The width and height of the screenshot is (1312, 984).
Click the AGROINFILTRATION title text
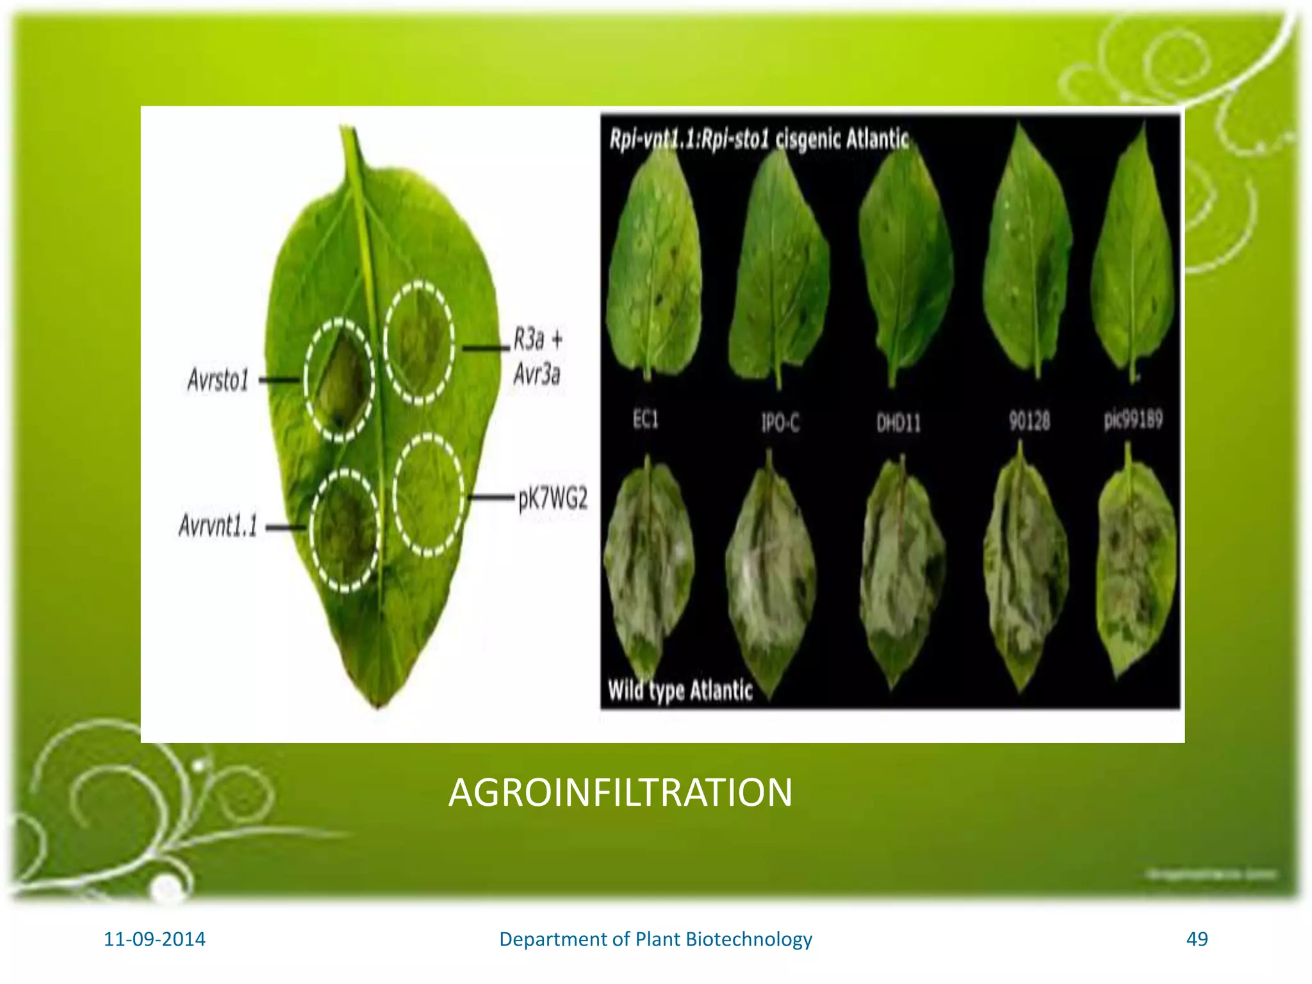pyautogui.click(x=620, y=792)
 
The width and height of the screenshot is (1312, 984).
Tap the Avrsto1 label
pyautogui.click(x=218, y=379)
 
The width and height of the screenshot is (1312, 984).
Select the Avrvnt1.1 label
pyautogui.click(x=218, y=526)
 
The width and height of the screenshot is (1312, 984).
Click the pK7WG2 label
pyautogui.click(x=552, y=498)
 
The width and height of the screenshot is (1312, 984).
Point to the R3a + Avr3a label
pyautogui.click(x=537, y=356)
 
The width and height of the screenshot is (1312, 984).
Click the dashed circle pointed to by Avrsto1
pyautogui.click(x=339, y=379)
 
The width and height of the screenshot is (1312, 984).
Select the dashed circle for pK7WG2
pyautogui.click(x=428, y=495)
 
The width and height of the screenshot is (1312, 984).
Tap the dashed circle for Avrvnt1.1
pyautogui.click(x=345, y=529)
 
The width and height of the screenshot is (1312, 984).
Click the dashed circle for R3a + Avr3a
pyautogui.click(x=420, y=343)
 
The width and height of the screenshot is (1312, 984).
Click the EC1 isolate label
pyautogui.click(x=645, y=420)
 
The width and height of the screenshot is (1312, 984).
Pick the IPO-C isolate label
pyautogui.click(x=780, y=423)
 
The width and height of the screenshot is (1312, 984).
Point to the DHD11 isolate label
pyautogui.click(x=898, y=423)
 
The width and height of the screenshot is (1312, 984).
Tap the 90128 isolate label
pyautogui.click(x=1029, y=421)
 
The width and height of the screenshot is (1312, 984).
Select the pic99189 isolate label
pyautogui.click(x=1133, y=420)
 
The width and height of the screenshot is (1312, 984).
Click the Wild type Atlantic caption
pyautogui.click(x=680, y=691)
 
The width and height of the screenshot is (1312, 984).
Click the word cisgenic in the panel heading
pyautogui.click(x=808, y=138)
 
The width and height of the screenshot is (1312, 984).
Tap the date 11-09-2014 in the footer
pyautogui.click(x=154, y=939)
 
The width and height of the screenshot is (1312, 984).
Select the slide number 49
pyautogui.click(x=1197, y=939)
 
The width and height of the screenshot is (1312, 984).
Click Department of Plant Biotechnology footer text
pyautogui.click(x=655, y=939)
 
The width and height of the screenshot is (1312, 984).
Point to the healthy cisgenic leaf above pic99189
pyautogui.click(x=1133, y=256)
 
